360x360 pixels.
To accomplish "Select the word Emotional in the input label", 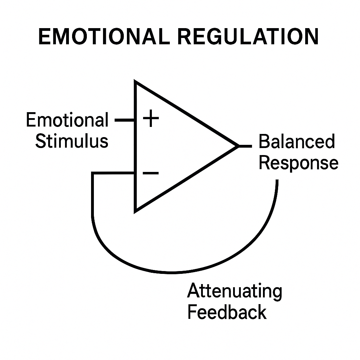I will coord(67,121).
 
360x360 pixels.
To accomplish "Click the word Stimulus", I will coord(72,141).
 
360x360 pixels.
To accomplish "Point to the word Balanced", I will coord(296,142).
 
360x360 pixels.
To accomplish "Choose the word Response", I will coord(298,163).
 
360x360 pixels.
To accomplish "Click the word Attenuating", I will coord(234,291).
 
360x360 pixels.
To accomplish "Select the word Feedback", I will coord(227,312).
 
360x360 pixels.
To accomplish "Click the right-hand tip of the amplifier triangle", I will coord(238,146).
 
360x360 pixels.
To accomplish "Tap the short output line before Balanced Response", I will coord(245,146).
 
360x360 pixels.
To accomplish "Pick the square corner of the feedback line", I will coord(93,173).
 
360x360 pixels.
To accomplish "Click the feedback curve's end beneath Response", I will coord(277,181).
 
